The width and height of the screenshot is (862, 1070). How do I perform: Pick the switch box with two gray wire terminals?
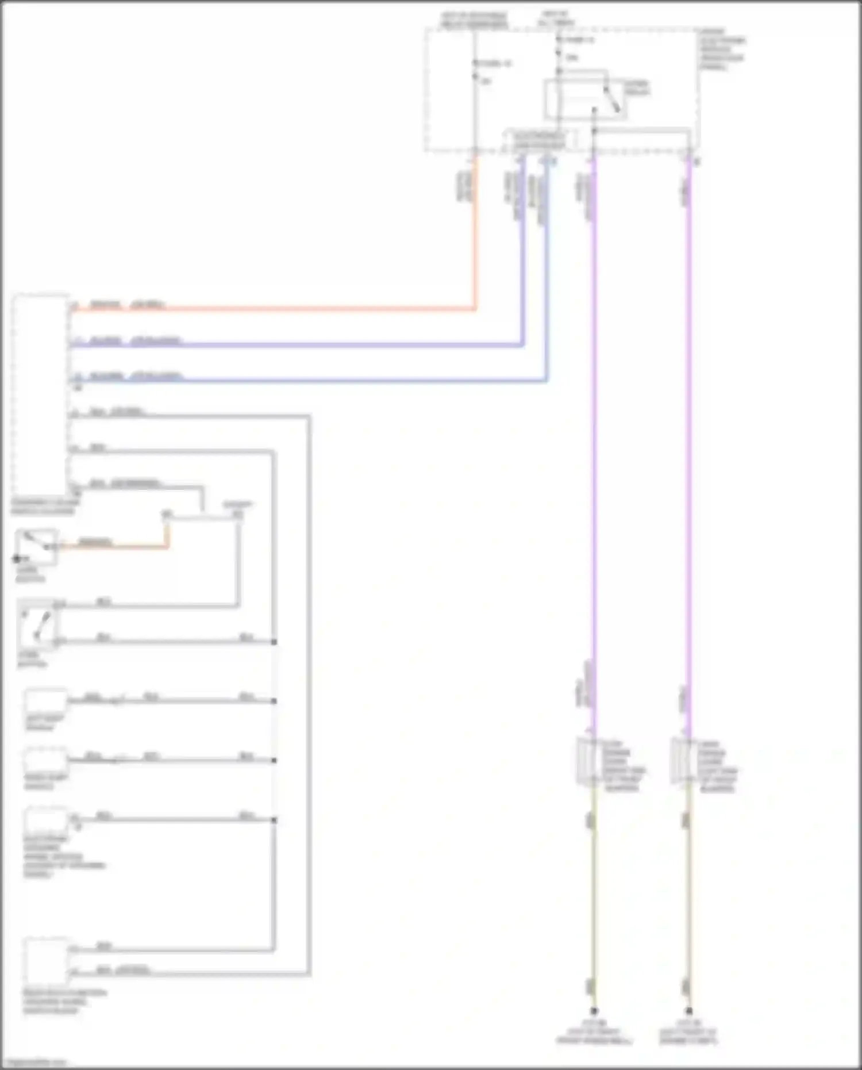[x=38, y=623]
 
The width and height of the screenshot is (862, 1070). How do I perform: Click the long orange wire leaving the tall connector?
[x=287, y=309]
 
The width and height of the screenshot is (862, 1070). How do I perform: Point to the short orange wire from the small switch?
[x=115, y=547]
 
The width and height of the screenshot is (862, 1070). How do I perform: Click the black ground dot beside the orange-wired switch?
[x=17, y=558]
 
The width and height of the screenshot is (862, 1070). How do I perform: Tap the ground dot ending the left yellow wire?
[x=594, y=1010]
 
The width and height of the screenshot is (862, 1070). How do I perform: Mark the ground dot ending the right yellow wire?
[x=688, y=1010]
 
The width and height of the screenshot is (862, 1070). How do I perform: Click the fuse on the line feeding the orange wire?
[x=475, y=69]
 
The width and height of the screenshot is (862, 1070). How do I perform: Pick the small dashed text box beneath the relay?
[x=539, y=140]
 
